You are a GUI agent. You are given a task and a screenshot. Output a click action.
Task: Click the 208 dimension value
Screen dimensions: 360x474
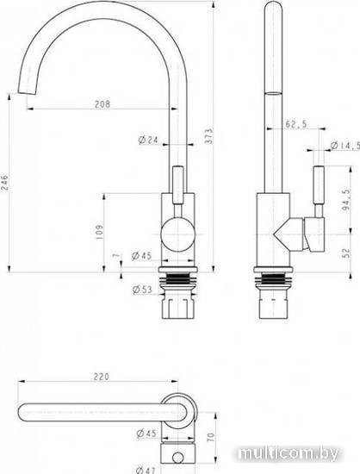[x=102, y=104]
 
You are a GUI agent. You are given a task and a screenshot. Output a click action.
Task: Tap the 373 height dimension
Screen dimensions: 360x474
[x=209, y=135]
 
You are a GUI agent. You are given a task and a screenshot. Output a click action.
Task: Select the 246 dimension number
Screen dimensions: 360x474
[x=5, y=183]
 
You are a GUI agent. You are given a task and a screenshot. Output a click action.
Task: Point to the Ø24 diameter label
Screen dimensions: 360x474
[x=148, y=140]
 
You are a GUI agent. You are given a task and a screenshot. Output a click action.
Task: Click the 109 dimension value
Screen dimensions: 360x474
[x=99, y=232]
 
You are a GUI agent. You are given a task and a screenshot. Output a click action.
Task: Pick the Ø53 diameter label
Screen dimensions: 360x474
[x=142, y=290]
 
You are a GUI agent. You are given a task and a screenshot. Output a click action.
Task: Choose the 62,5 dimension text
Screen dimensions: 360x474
[x=296, y=123]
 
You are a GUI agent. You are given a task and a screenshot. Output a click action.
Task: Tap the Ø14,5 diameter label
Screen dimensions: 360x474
[x=345, y=146]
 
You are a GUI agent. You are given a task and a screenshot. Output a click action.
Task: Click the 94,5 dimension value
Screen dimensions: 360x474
[x=347, y=200]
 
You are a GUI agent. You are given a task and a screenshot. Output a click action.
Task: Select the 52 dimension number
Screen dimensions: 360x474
[x=347, y=253]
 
